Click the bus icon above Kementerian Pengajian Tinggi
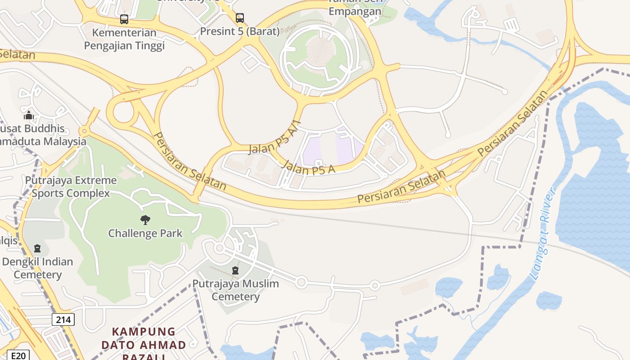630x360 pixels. [x=124, y=19]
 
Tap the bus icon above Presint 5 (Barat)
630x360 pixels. [x=240, y=18]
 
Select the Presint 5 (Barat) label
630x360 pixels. [x=240, y=31]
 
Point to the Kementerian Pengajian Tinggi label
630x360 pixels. [x=124, y=39]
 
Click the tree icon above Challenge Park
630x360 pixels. [x=145, y=220]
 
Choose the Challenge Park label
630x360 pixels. [x=145, y=233]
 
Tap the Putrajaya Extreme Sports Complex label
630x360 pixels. [x=71, y=187]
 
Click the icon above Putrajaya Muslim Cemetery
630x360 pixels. [x=235, y=270]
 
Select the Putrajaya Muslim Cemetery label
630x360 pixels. [x=236, y=290]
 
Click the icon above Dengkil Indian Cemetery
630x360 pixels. [x=37, y=248]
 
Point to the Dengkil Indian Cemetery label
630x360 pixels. [x=37, y=268]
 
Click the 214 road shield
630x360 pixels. [x=63, y=320]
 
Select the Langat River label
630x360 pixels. [x=543, y=234]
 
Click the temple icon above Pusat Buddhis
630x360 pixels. [x=29, y=115]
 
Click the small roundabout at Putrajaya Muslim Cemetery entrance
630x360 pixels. [x=219, y=248]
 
